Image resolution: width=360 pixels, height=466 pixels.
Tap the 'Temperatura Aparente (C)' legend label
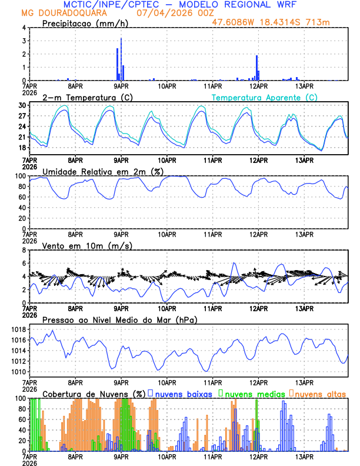coord(265,97)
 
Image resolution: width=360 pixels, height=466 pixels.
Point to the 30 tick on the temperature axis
coord(23,105)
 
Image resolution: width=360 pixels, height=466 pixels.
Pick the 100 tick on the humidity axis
coord(21,176)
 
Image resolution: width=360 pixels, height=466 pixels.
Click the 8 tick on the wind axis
coord(24,250)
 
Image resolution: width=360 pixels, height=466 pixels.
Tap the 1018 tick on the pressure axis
coord(19,329)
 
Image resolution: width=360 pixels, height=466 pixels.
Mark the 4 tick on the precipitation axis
coord(24,28)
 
